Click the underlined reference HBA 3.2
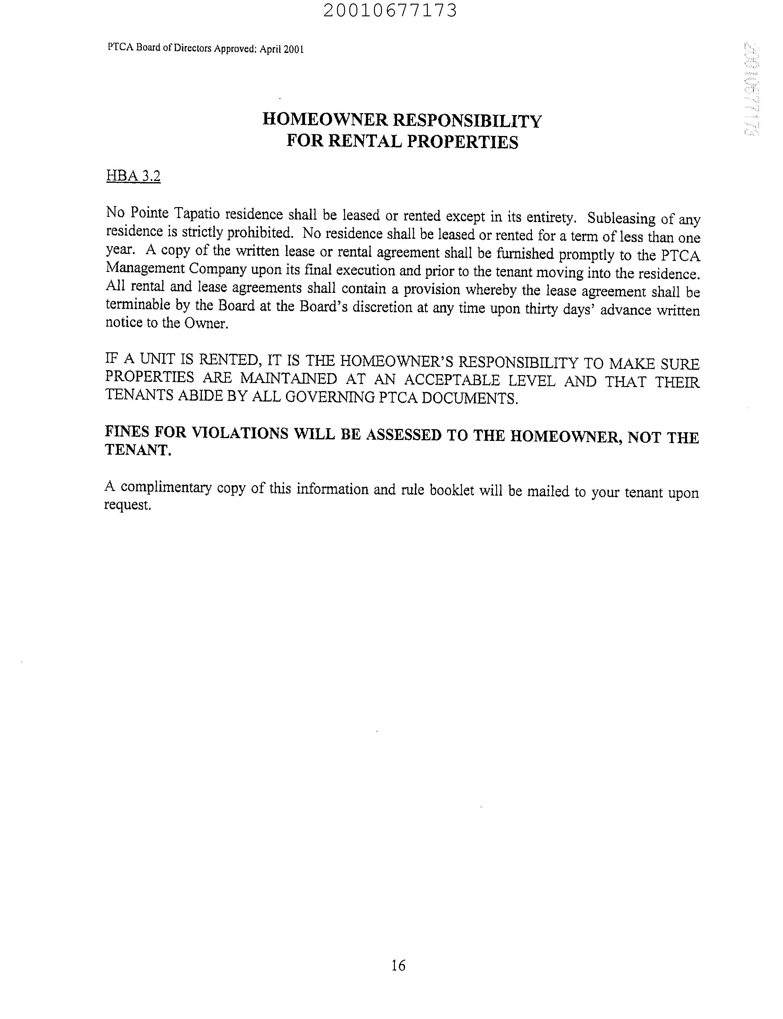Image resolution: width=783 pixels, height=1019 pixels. [133, 176]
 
